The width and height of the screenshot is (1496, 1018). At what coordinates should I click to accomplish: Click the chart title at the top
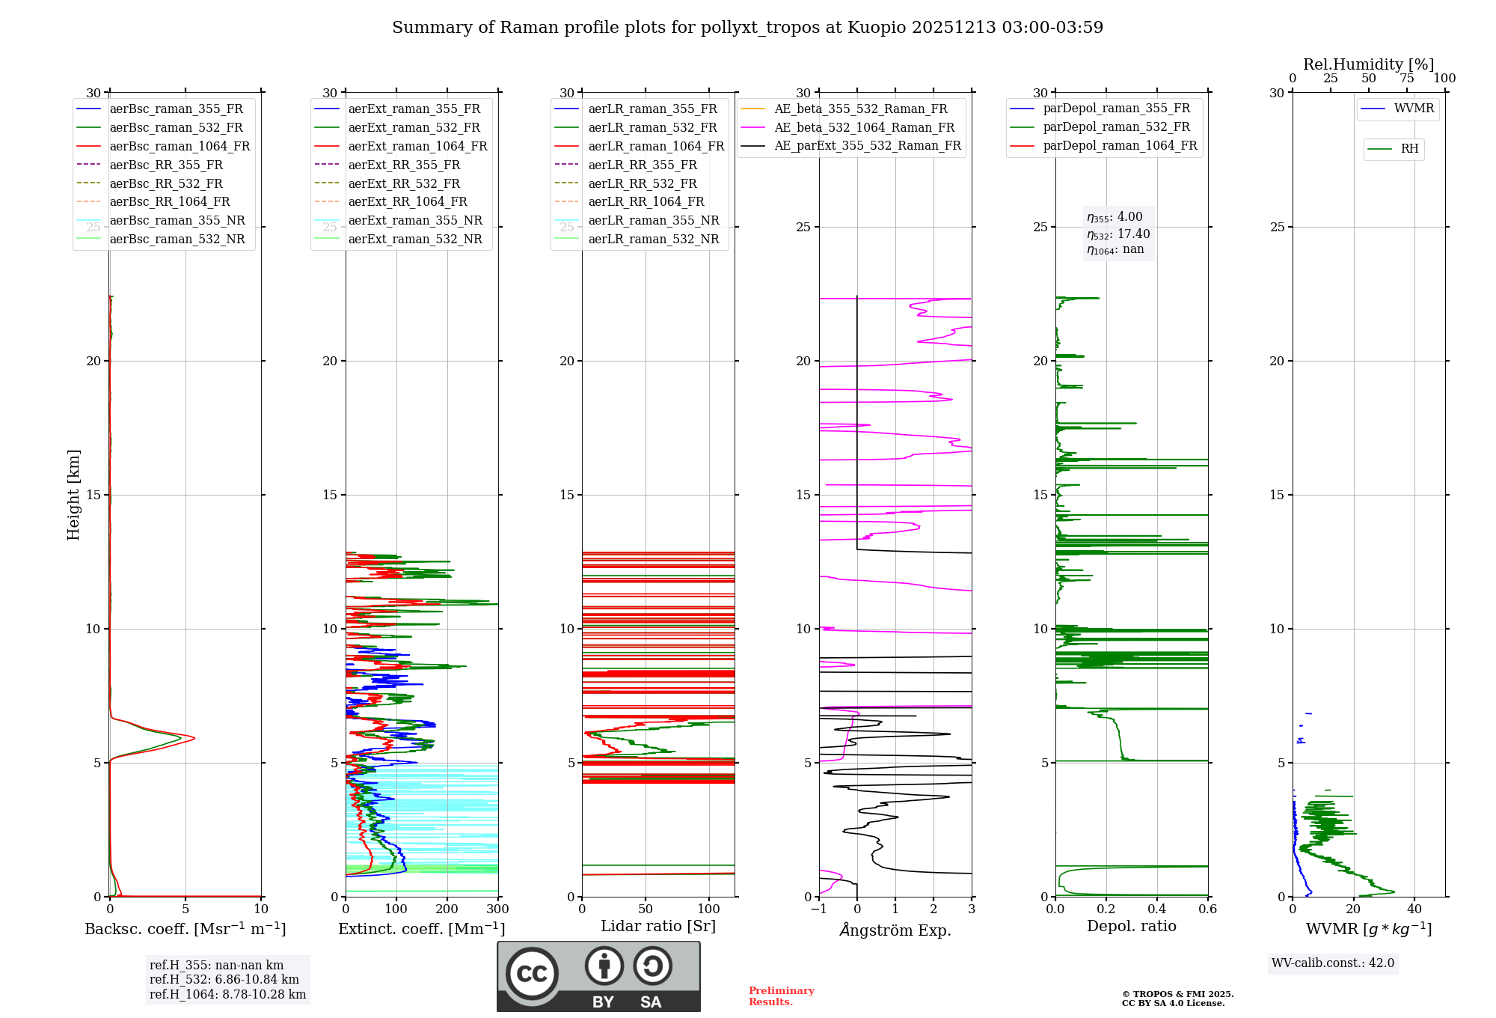(x=747, y=28)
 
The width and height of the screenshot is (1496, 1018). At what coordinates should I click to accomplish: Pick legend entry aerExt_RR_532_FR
(x=404, y=183)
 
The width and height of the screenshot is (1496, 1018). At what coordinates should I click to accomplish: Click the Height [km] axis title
(x=73, y=495)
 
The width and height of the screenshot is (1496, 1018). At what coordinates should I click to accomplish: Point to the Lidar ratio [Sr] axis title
(x=658, y=926)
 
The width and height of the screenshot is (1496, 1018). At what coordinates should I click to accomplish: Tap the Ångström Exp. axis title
(x=895, y=930)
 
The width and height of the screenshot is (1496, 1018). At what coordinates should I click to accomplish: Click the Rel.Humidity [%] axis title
(x=1368, y=64)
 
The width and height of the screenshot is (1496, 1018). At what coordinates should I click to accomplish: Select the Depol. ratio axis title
(x=1131, y=926)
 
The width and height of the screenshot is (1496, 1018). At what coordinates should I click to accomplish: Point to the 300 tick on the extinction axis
(x=498, y=909)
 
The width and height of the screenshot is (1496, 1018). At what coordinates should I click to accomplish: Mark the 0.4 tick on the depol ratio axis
(x=1157, y=909)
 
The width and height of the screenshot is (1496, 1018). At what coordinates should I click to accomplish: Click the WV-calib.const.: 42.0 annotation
(x=1333, y=963)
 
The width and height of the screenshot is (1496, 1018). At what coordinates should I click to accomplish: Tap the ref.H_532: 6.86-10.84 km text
(x=224, y=979)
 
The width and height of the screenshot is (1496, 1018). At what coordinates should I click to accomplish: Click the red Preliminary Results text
(x=781, y=996)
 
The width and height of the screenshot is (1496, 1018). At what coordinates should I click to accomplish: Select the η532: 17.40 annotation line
(x=1118, y=234)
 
